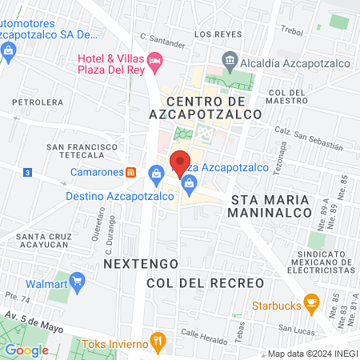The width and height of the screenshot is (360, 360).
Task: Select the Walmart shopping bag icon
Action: [x=78, y=281]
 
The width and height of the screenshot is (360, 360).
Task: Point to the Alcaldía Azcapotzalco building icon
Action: [x=230, y=61]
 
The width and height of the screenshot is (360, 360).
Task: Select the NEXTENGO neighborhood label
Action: [x=135, y=262]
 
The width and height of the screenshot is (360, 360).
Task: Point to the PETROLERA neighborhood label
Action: [x=37, y=102]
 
